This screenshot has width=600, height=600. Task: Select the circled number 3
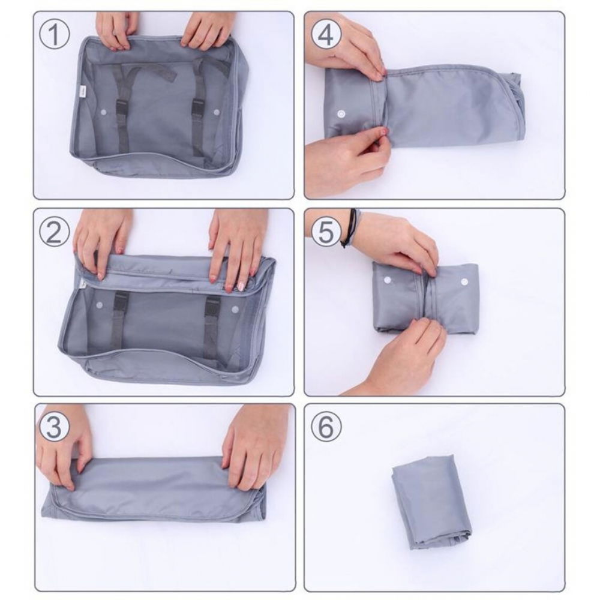(55, 428)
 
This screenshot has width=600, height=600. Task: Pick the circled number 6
(326, 428)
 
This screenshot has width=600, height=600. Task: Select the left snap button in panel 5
(386, 280)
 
